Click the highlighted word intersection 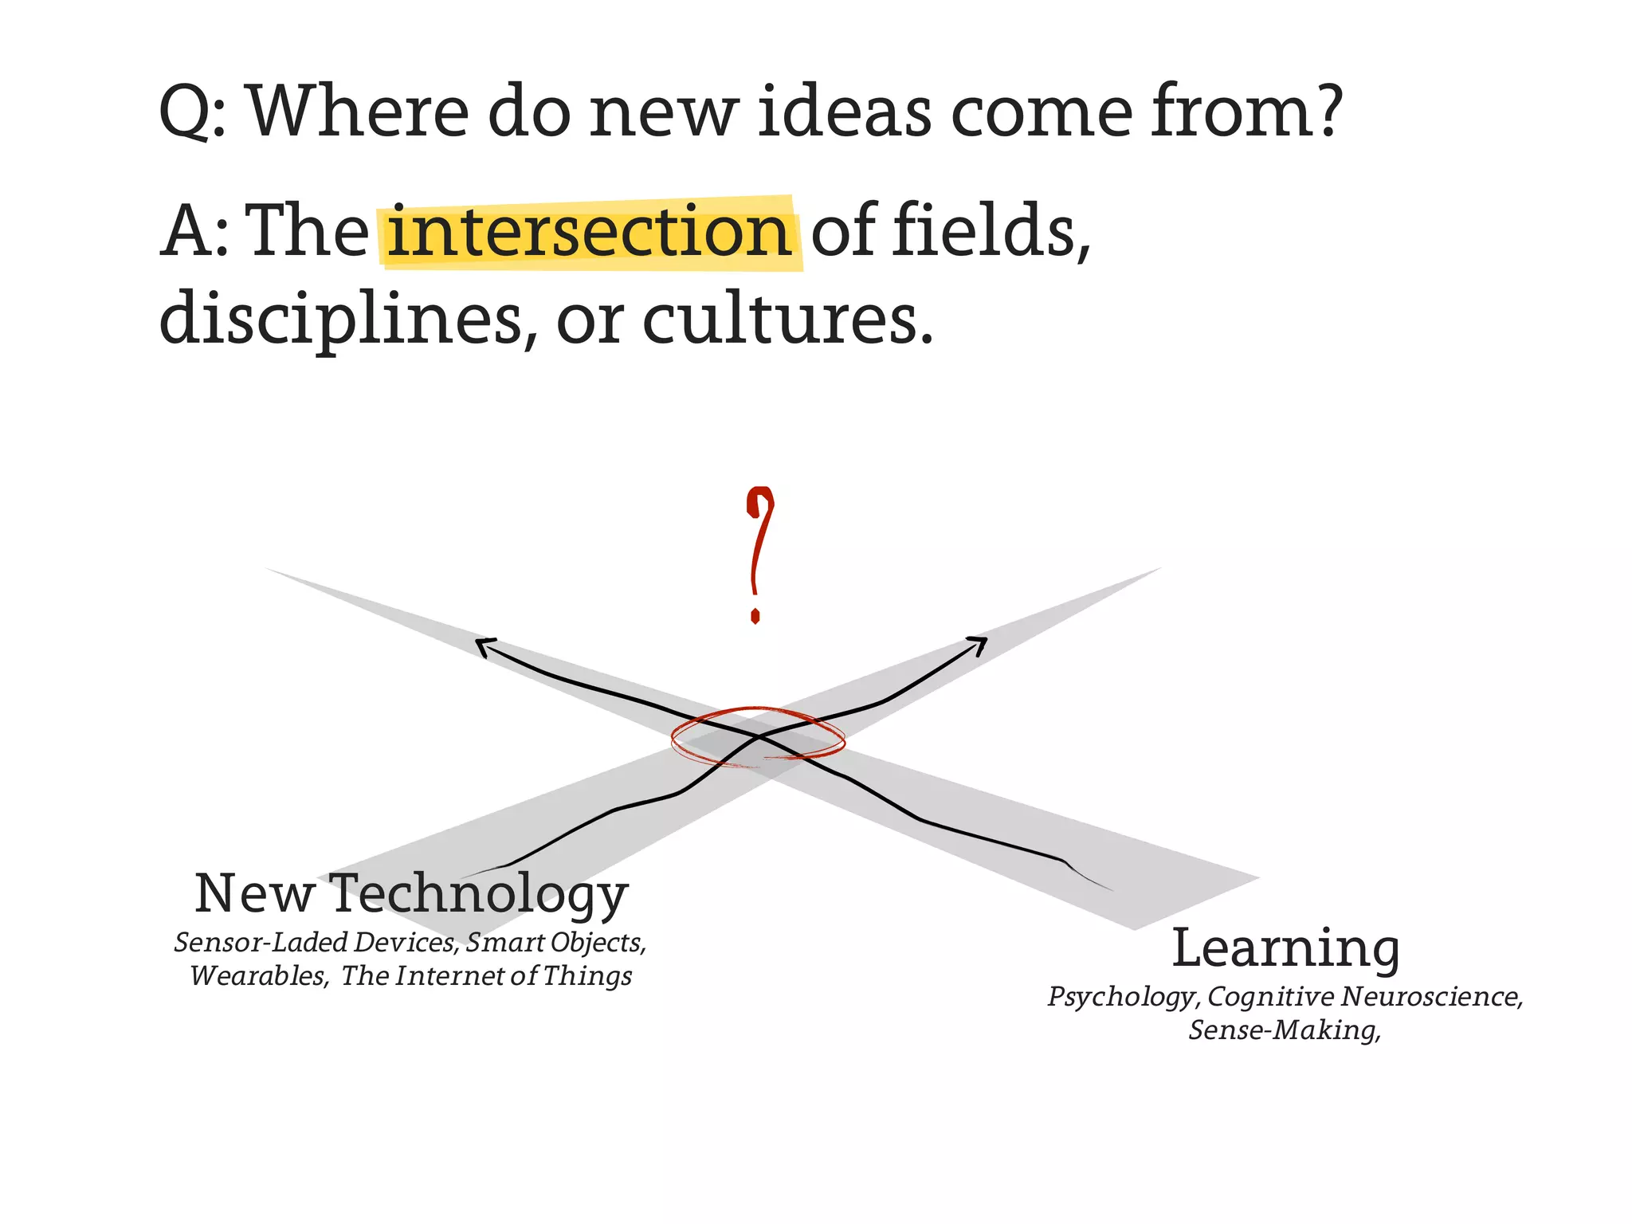tap(588, 232)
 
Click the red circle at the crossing tap(757, 737)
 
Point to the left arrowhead tap(484, 646)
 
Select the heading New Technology tap(411, 894)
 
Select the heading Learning tap(1285, 948)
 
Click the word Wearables tap(258, 976)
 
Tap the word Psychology tap(1122, 998)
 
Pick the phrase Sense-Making tap(1284, 1030)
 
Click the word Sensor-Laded tap(261, 943)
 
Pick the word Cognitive tap(1270, 997)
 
